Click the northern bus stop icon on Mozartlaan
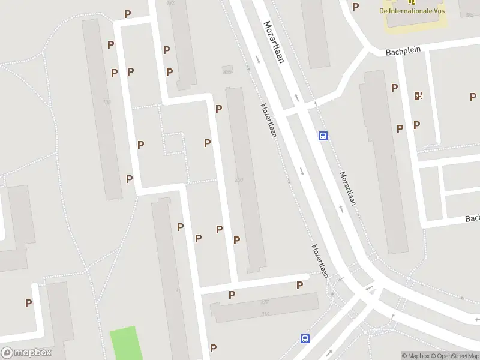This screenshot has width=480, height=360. (x=323, y=136)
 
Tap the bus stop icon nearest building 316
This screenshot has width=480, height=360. (x=305, y=338)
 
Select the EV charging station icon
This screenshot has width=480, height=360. (x=418, y=95)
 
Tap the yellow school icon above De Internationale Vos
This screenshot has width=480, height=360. (x=412, y=2)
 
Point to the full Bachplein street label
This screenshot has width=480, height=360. (x=401, y=53)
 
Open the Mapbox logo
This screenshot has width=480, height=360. (x=26, y=353)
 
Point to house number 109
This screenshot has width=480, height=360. (x=107, y=103)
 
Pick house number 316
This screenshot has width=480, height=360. (x=265, y=314)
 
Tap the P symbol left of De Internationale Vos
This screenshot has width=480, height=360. (x=355, y=7)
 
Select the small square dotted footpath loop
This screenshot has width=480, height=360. (x=173, y=144)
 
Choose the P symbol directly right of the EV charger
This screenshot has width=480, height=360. (x=473, y=97)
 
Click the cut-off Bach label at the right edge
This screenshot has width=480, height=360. (x=472, y=218)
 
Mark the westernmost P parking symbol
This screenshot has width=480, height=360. (x=28, y=304)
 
